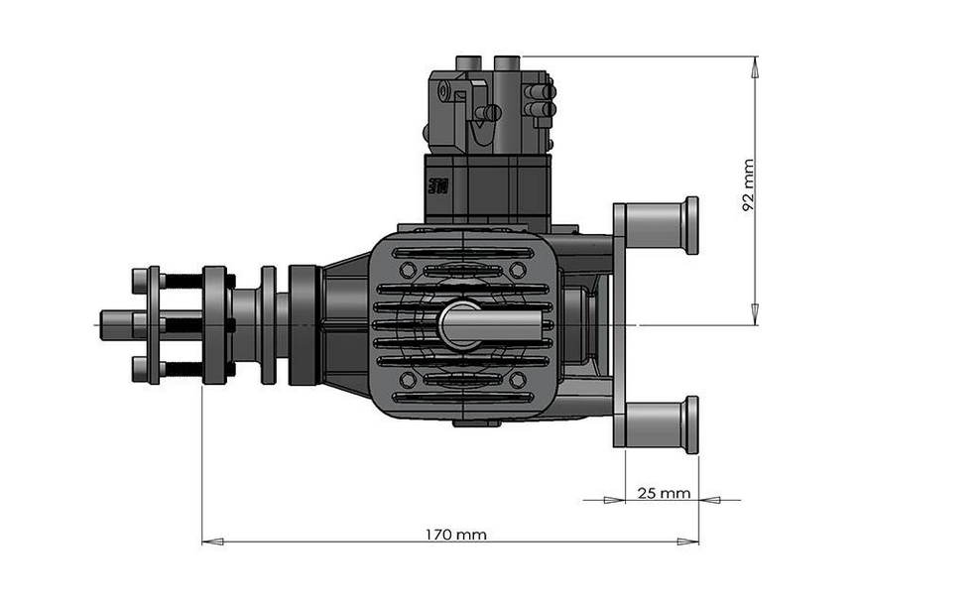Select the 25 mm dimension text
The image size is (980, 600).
pos(662,492)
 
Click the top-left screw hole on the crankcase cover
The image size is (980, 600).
pos(407,269)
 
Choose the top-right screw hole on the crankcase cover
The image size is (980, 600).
pos(517,269)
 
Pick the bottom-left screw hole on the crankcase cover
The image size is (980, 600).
pos(407,380)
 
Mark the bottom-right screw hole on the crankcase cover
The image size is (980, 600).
pos(517,380)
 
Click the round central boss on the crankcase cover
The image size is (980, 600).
pos(460,324)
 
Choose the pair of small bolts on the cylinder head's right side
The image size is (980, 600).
pos(542,99)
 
